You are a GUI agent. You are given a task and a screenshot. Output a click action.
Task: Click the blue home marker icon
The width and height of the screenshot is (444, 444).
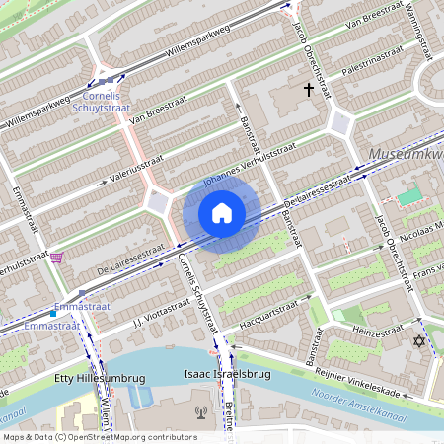(222, 213)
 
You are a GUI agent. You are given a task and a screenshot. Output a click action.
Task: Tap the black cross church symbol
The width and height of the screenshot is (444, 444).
(309, 90)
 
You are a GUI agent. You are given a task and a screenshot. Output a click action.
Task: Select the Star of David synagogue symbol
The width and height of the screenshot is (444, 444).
(417, 341)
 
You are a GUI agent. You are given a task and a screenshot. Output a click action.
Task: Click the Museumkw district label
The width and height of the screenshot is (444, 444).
(405, 155)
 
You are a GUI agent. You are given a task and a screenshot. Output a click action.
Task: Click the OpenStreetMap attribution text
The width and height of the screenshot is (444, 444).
(99, 437)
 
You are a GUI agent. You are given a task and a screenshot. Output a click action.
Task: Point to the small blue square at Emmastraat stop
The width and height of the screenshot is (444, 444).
(53, 313)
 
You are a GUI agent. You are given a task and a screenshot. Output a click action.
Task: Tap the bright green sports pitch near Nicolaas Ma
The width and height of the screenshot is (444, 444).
(408, 196)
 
